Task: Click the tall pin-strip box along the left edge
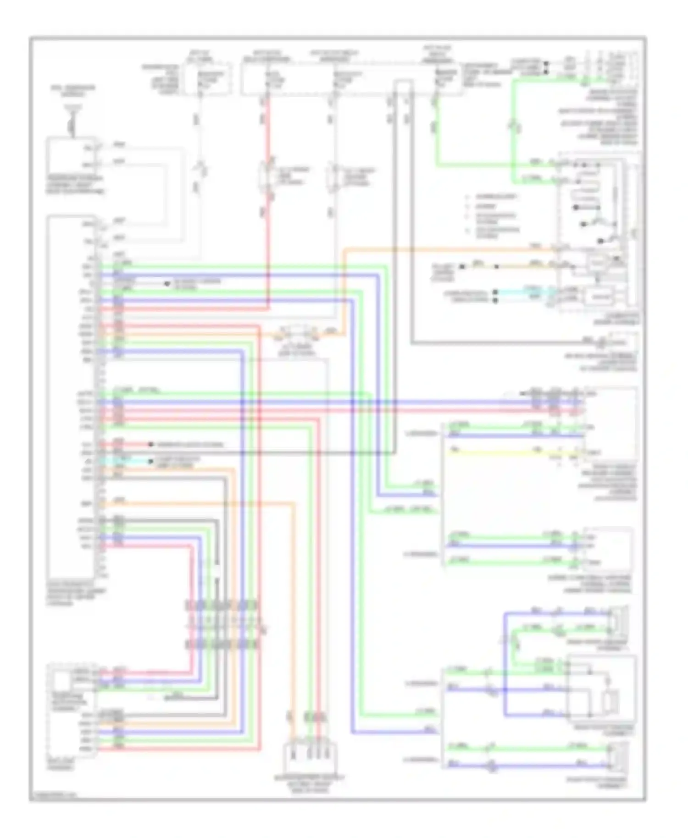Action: pos(72,397)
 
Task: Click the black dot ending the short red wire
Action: pos(150,444)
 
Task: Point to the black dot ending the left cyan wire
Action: pos(150,461)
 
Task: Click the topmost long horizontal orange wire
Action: pos(449,250)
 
